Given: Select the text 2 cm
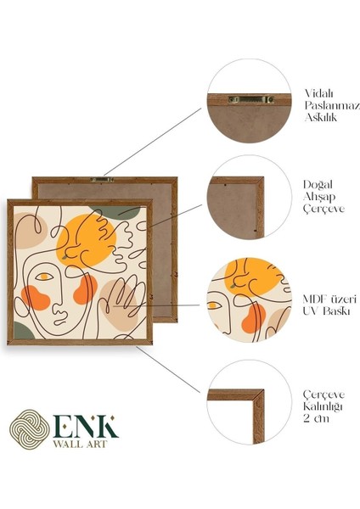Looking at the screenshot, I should [x=316, y=417].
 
